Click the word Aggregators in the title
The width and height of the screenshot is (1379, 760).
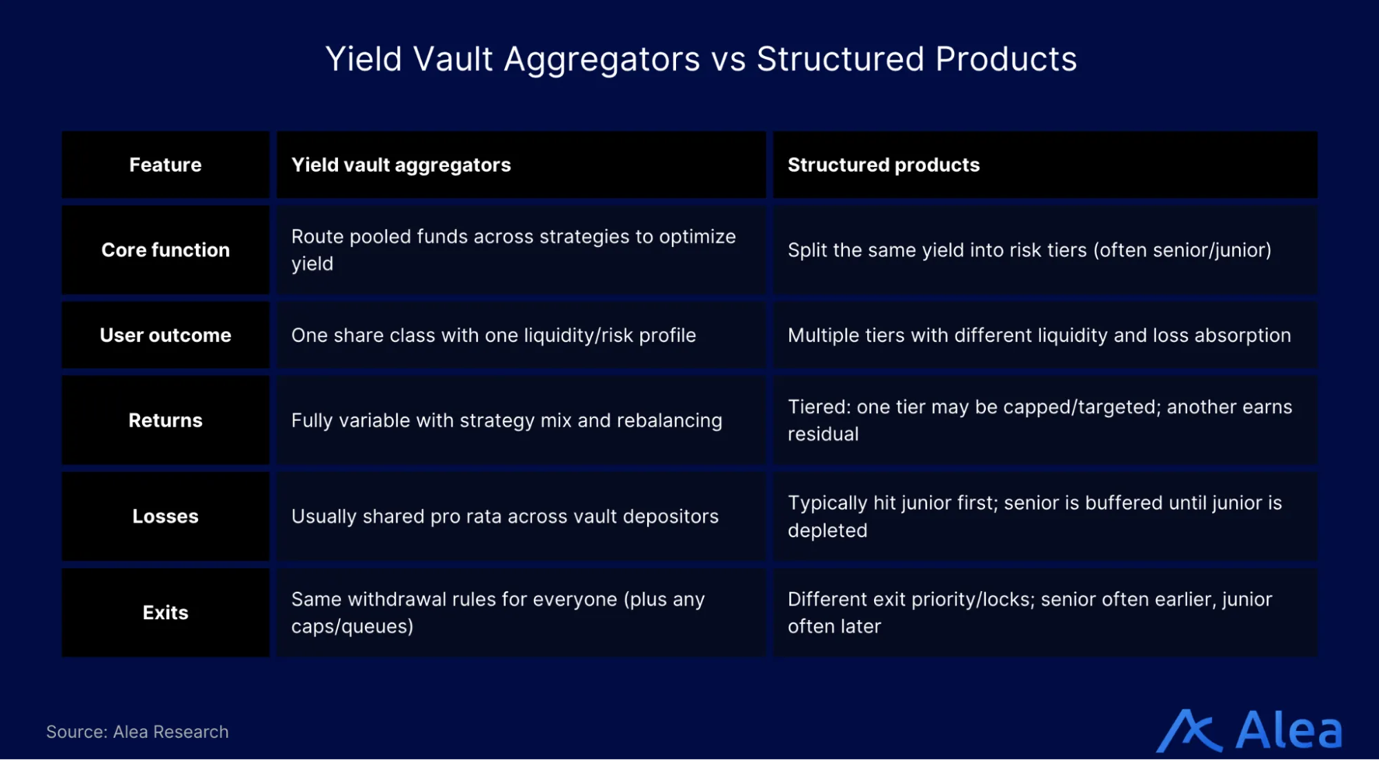click(x=602, y=59)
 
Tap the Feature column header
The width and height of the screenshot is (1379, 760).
click(x=166, y=165)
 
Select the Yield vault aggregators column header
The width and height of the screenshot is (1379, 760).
click(x=401, y=165)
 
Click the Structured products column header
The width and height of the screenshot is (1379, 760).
click(x=883, y=165)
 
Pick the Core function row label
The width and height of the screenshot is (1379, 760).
click(x=166, y=250)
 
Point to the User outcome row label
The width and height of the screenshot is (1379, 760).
click(x=166, y=335)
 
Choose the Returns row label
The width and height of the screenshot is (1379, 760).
click(x=166, y=420)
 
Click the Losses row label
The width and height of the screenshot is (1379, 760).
click(x=166, y=516)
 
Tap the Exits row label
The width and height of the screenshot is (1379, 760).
click(x=166, y=612)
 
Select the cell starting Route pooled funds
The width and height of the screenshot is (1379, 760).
click(x=513, y=250)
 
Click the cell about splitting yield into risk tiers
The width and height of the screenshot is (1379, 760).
click(x=1029, y=250)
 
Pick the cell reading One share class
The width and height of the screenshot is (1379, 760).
click(x=493, y=335)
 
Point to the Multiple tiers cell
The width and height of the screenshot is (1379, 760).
click(x=1039, y=335)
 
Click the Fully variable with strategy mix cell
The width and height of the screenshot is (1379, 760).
click(x=506, y=420)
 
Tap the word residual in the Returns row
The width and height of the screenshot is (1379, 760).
click(x=823, y=434)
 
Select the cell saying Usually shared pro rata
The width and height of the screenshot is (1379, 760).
click(x=504, y=516)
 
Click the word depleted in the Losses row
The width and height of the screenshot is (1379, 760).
click(x=827, y=530)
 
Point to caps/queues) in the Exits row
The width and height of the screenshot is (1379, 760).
click(x=352, y=626)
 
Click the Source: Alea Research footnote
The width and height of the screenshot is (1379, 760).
click(x=137, y=732)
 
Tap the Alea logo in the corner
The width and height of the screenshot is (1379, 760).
click(x=1249, y=730)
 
